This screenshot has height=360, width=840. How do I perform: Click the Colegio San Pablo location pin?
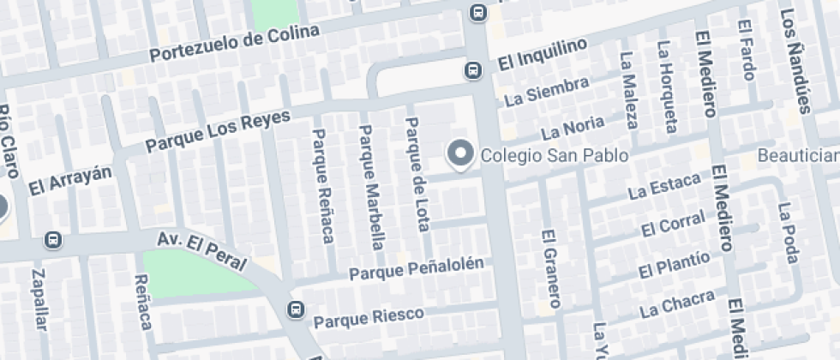(461, 154)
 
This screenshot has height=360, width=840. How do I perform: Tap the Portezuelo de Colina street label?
(234, 43)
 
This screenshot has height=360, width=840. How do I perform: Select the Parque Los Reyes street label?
(218, 130)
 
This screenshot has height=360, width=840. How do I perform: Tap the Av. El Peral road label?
(201, 250)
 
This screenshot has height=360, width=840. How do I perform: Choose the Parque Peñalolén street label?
(417, 268)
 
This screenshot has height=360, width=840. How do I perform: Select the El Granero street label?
(550, 268)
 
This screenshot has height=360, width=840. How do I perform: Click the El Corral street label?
(673, 226)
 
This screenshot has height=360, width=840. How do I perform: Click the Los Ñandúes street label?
(795, 60)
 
